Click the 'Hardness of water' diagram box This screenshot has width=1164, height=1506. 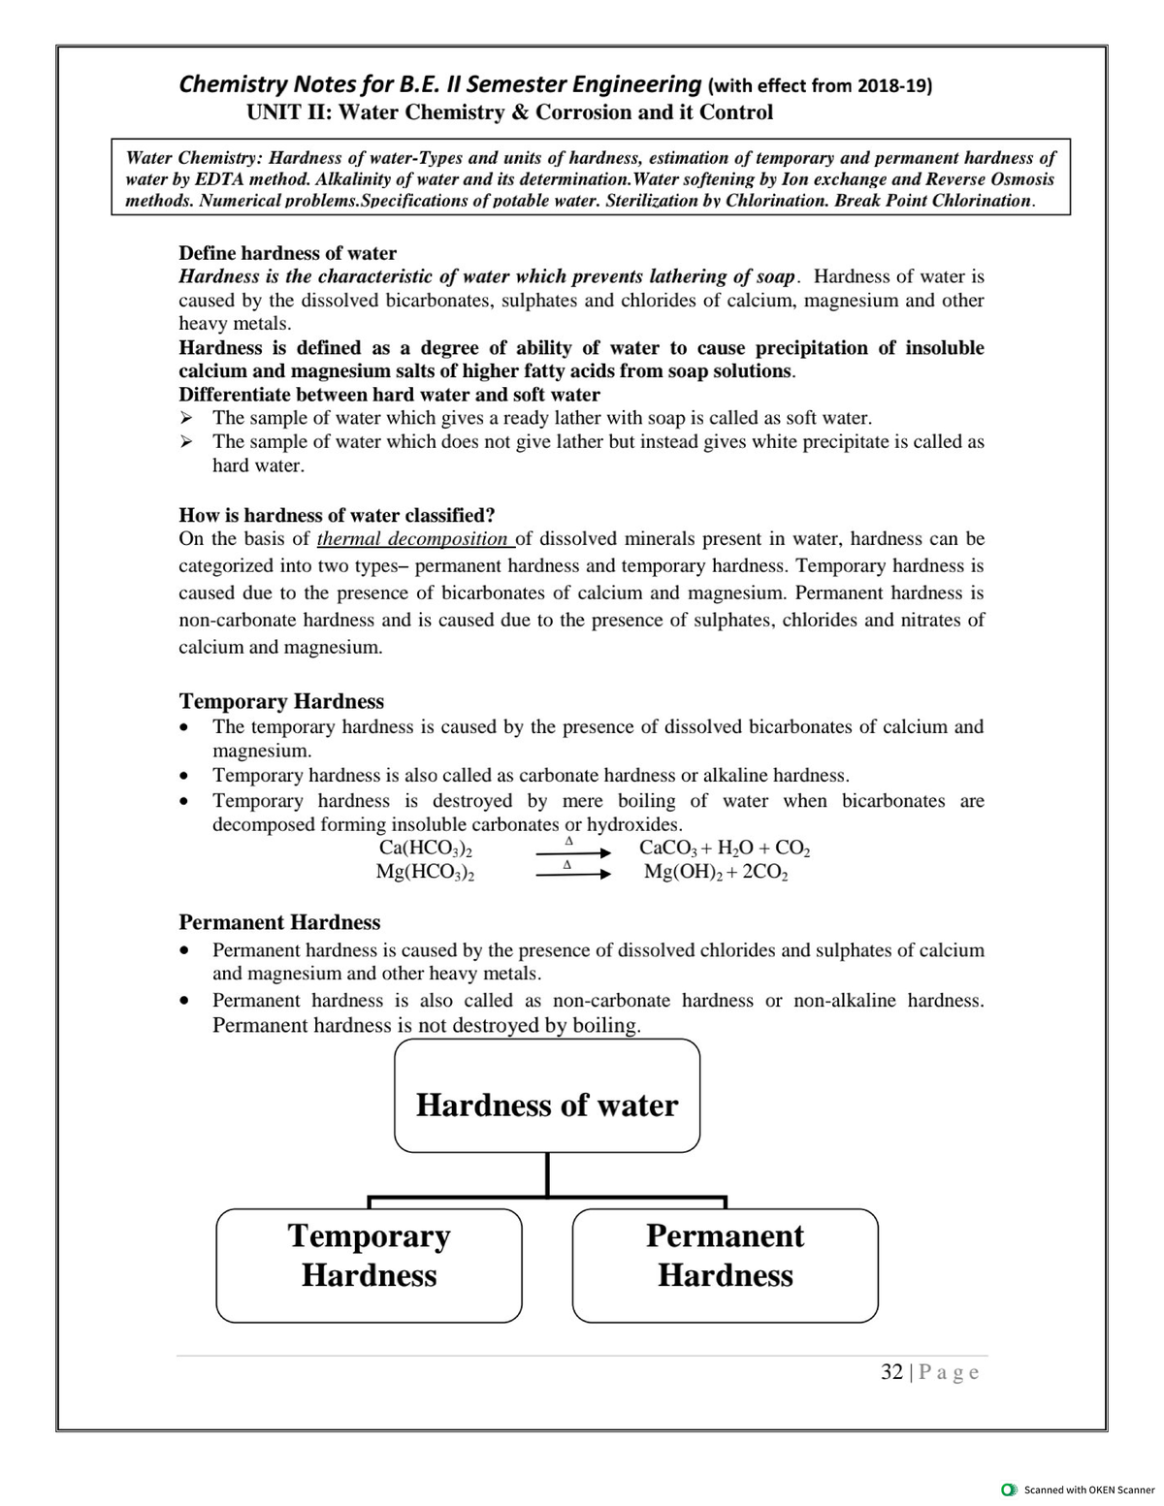click(547, 1096)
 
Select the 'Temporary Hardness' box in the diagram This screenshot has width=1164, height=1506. click(369, 1265)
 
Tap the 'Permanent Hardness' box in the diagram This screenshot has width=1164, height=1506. click(725, 1265)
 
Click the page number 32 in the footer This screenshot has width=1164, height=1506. click(891, 1371)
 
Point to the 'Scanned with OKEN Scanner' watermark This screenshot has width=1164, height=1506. click(1081, 1490)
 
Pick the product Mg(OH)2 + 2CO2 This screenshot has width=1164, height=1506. click(716, 872)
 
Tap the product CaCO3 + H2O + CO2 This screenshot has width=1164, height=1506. click(725, 849)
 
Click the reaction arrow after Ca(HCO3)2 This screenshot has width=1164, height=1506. click(572, 852)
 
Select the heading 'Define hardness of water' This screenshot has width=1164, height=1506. click(288, 253)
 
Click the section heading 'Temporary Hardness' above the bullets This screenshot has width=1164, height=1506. click(281, 701)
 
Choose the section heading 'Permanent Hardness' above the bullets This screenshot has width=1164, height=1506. click(279, 922)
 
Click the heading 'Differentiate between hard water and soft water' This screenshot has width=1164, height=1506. click(389, 395)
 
